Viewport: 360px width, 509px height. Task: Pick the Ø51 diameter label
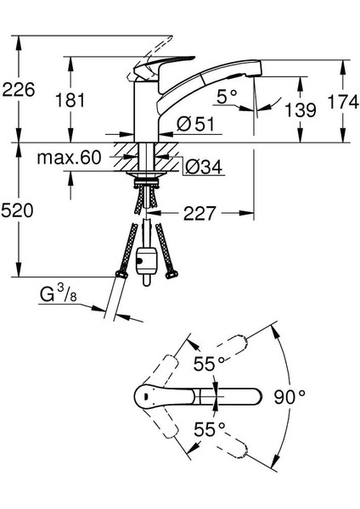(x=194, y=126)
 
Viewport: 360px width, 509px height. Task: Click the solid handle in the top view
(x=195, y=396)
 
